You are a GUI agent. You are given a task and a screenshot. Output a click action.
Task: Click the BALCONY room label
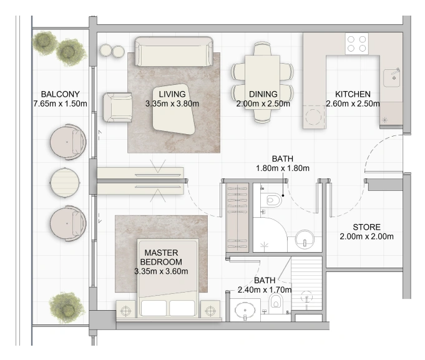60,94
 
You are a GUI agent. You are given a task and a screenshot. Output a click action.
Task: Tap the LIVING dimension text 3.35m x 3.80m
172,104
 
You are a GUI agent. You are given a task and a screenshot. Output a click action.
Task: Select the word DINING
263,94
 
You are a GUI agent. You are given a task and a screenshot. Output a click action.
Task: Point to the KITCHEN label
353,94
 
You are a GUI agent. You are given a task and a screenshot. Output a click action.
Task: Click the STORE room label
366,227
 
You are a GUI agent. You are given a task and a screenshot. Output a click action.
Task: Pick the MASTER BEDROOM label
161,257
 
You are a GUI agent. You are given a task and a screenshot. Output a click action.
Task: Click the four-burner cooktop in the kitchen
357,44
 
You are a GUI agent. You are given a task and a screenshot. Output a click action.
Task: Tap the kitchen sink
392,78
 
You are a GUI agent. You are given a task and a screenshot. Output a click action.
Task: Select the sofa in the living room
173,51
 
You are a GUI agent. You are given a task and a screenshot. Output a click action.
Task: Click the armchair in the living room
117,107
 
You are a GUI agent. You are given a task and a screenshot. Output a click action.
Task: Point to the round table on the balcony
65,183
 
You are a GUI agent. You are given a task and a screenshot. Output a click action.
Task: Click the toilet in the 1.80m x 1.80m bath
271,200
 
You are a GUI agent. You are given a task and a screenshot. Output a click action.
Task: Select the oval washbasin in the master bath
245,311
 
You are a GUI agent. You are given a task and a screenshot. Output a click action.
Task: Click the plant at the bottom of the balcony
67,308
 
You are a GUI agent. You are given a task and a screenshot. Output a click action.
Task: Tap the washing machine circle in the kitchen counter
313,117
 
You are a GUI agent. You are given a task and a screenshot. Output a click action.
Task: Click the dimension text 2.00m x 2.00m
366,236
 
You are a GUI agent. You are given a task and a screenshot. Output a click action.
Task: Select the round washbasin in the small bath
305,240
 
